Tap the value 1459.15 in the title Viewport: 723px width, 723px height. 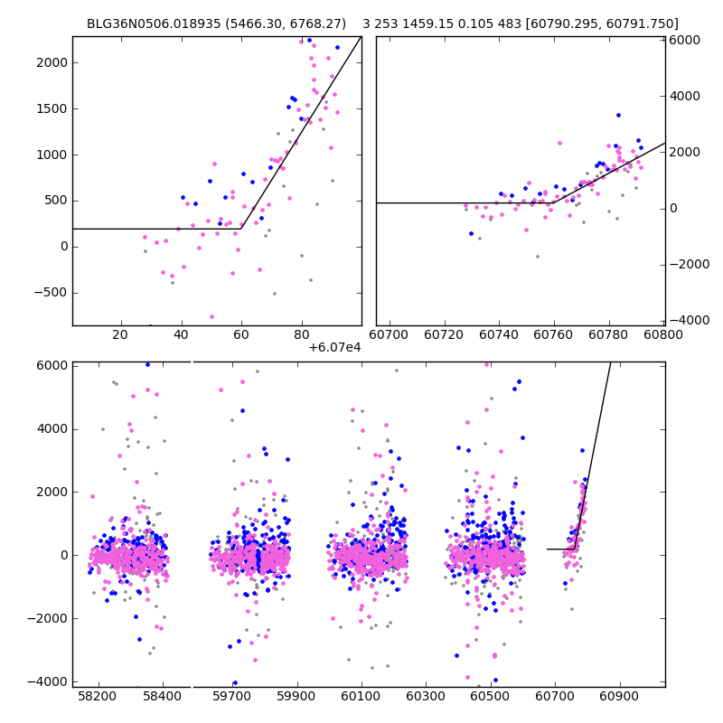[427, 23]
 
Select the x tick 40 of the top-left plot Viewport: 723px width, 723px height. [181, 335]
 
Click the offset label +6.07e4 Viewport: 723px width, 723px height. [334, 347]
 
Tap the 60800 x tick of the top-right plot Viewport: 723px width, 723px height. [663, 335]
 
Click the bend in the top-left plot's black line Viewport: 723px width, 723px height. [241, 229]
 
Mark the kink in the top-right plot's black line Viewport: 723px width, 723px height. [554, 202]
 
